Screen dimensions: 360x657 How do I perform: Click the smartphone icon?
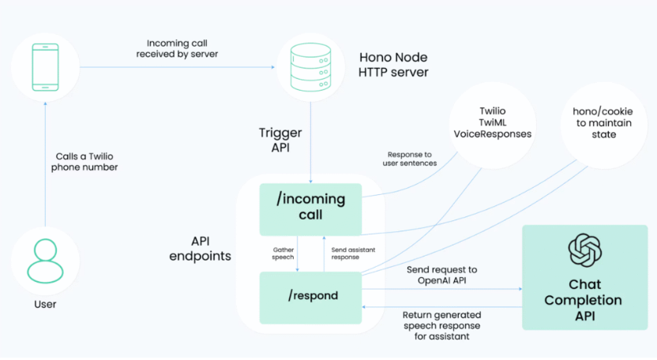pyautogui.click(x=46, y=67)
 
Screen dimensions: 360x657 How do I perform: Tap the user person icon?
pyautogui.click(x=45, y=261)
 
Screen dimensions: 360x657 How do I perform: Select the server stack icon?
pyautogui.click(x=309, y=66)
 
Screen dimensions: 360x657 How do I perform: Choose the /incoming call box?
pyautogui.click(x=310, y=206)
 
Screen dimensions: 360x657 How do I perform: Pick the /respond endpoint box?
pyautogui.click(x=310, y=296)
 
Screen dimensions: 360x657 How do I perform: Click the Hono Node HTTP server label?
pyautogui.click(x=393, y=66)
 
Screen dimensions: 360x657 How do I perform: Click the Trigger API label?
pyautogui.click(x=280, y=141)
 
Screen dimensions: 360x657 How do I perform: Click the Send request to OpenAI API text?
pyautogui.click(x=441, y=276)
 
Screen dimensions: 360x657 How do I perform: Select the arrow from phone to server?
pyautogui.click(x=173, y=67)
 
